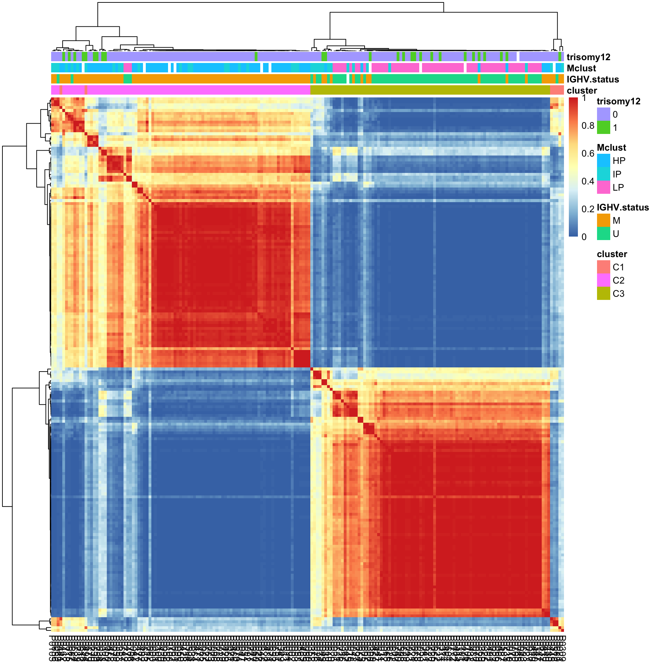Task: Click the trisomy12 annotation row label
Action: pos(588,57)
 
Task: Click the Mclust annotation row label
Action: pos(581,68)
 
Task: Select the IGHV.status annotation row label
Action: pos(593,79)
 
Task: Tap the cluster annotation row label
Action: pos(582,90)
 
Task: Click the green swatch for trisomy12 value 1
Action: pos(603,127)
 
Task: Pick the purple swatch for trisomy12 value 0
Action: pos(603,114)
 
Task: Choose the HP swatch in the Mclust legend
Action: pos(603,160)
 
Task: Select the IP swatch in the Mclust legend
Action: pos(603,174)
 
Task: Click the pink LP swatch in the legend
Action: pos(603,187)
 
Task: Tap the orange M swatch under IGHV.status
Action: pos(603,220)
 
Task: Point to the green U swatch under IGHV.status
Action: pos(603,233)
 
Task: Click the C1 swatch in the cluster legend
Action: pos(603,267)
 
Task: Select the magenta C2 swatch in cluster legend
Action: pos(603,280)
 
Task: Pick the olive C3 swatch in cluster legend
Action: pos(603,293)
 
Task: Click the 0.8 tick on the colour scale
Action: pos(588,126)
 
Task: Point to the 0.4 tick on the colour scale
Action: pos(588,181)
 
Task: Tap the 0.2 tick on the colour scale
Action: pos(588,209)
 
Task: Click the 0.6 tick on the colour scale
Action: pos(588,153)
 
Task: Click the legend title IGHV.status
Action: pos(622,207)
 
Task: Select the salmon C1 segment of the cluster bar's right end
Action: pos(557,90)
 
